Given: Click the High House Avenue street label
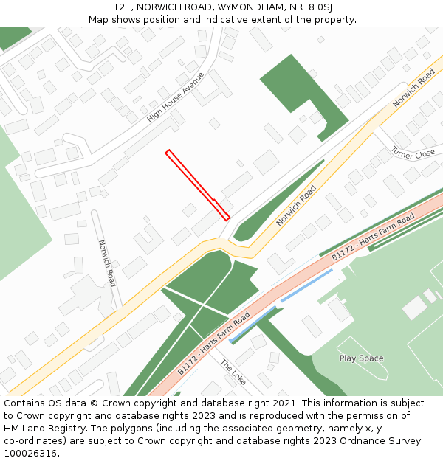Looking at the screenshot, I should pos(175,97).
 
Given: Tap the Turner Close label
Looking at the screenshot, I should pos(413,153).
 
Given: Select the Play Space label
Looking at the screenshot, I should pos(361,358).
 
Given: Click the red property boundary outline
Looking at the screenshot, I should pos(197,185).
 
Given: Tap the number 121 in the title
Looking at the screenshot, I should pos(123,7).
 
